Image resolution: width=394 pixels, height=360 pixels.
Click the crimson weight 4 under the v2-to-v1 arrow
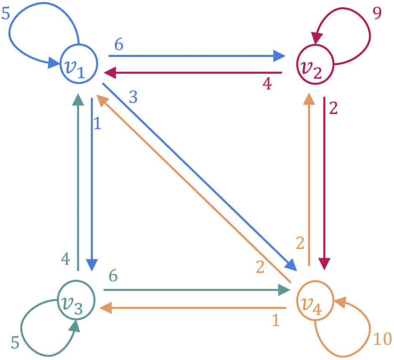point(267,85)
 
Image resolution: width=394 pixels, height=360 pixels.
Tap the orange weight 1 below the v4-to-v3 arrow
point(275,320)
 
